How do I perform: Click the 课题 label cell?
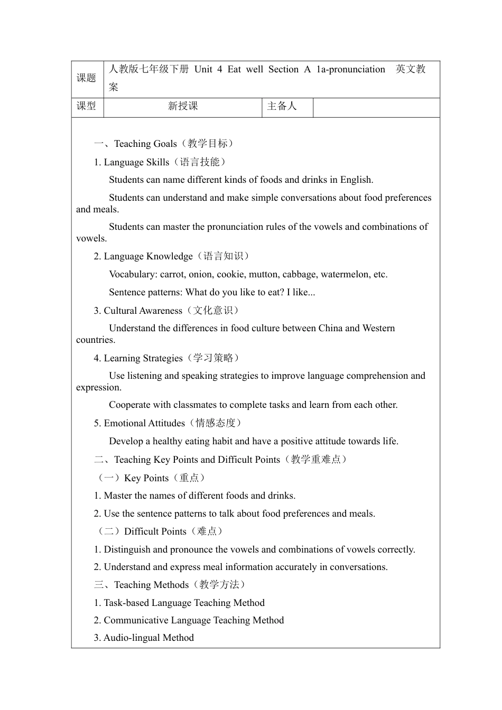tap(87, 78)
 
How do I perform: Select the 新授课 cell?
tap(183, 106)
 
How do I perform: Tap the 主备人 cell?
tap(282, 106)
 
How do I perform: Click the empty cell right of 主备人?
tap(376, 107)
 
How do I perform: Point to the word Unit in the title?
tap(203, 69)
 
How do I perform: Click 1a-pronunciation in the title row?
tap(351, 69)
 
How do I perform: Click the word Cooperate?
tap(130, 405)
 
